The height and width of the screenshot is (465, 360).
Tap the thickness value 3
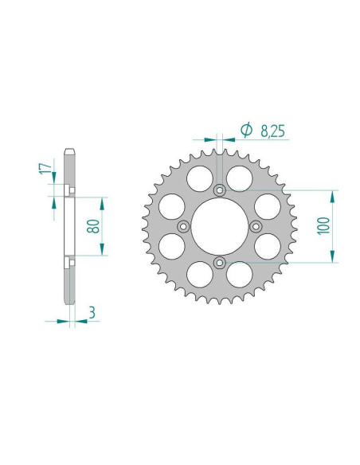pyautogui.click(x=93, y=314)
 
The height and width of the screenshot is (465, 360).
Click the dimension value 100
pyautogui.click(x=322, y=225)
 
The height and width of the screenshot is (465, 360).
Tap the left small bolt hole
pyautogui.click(x=183, y=226)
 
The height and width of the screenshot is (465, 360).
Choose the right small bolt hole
pyautogui.click(x=256, y=226)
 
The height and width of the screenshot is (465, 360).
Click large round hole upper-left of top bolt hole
pyautogui.click(x=201, y=178)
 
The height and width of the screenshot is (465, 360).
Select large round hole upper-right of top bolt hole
pyautogui.click(x=238, y=178)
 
